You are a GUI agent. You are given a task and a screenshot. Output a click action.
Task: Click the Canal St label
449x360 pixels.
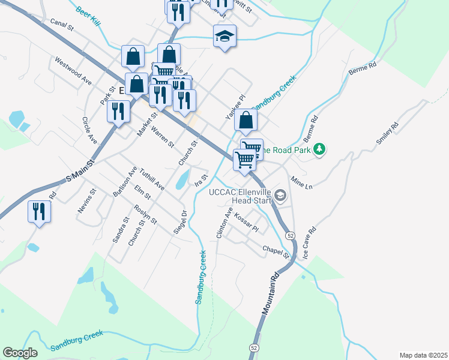click(x=62, y=24)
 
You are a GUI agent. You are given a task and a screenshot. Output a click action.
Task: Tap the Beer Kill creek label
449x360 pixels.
click(x=88, y=16)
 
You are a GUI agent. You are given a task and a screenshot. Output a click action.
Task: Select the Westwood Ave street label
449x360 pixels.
click(x=73, y=71)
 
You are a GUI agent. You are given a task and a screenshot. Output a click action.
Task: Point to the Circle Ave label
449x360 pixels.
click(x=89, y=130)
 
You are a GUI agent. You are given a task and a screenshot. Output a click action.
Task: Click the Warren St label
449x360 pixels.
click(x=162, y=137)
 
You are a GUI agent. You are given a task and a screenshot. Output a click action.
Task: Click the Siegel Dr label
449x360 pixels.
click(x=184, y=221)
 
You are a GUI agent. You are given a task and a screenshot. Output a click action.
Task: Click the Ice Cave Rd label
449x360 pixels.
click(x=309, y=242)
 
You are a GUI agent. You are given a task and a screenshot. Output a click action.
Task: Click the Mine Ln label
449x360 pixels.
click(x=302, y=182)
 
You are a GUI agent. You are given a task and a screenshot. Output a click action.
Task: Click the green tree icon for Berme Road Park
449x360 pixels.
click(x=320, y=149)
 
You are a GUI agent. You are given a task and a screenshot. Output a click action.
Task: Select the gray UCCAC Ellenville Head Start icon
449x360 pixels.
click(x=280, y=194)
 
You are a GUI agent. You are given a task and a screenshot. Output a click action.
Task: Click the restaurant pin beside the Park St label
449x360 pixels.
click(x=118, y=110)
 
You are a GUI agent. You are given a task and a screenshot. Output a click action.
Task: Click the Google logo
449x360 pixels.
click(x=20, y=353)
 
